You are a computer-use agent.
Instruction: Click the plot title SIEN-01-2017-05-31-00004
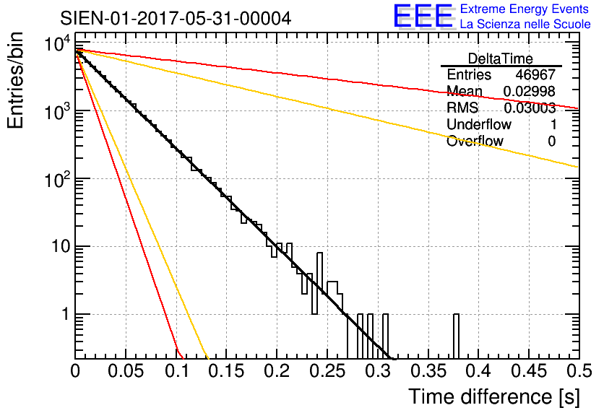[x=176, y=18]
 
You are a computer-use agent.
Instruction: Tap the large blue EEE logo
[x=423, y=17]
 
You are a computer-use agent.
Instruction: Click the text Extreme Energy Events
[x=525, y=9]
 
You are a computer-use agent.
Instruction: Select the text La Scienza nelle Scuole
[x=525, y=25]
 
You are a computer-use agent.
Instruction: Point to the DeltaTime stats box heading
[x=500, y=58]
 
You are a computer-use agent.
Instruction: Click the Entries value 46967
[x=535, y=75]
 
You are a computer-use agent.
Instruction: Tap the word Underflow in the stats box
[x=475, y=125]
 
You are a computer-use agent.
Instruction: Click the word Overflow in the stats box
[x=475, y=142]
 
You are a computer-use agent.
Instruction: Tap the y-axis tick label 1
[x=65, y=315]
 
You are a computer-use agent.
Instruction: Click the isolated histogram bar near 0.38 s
[x=456, y=336]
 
